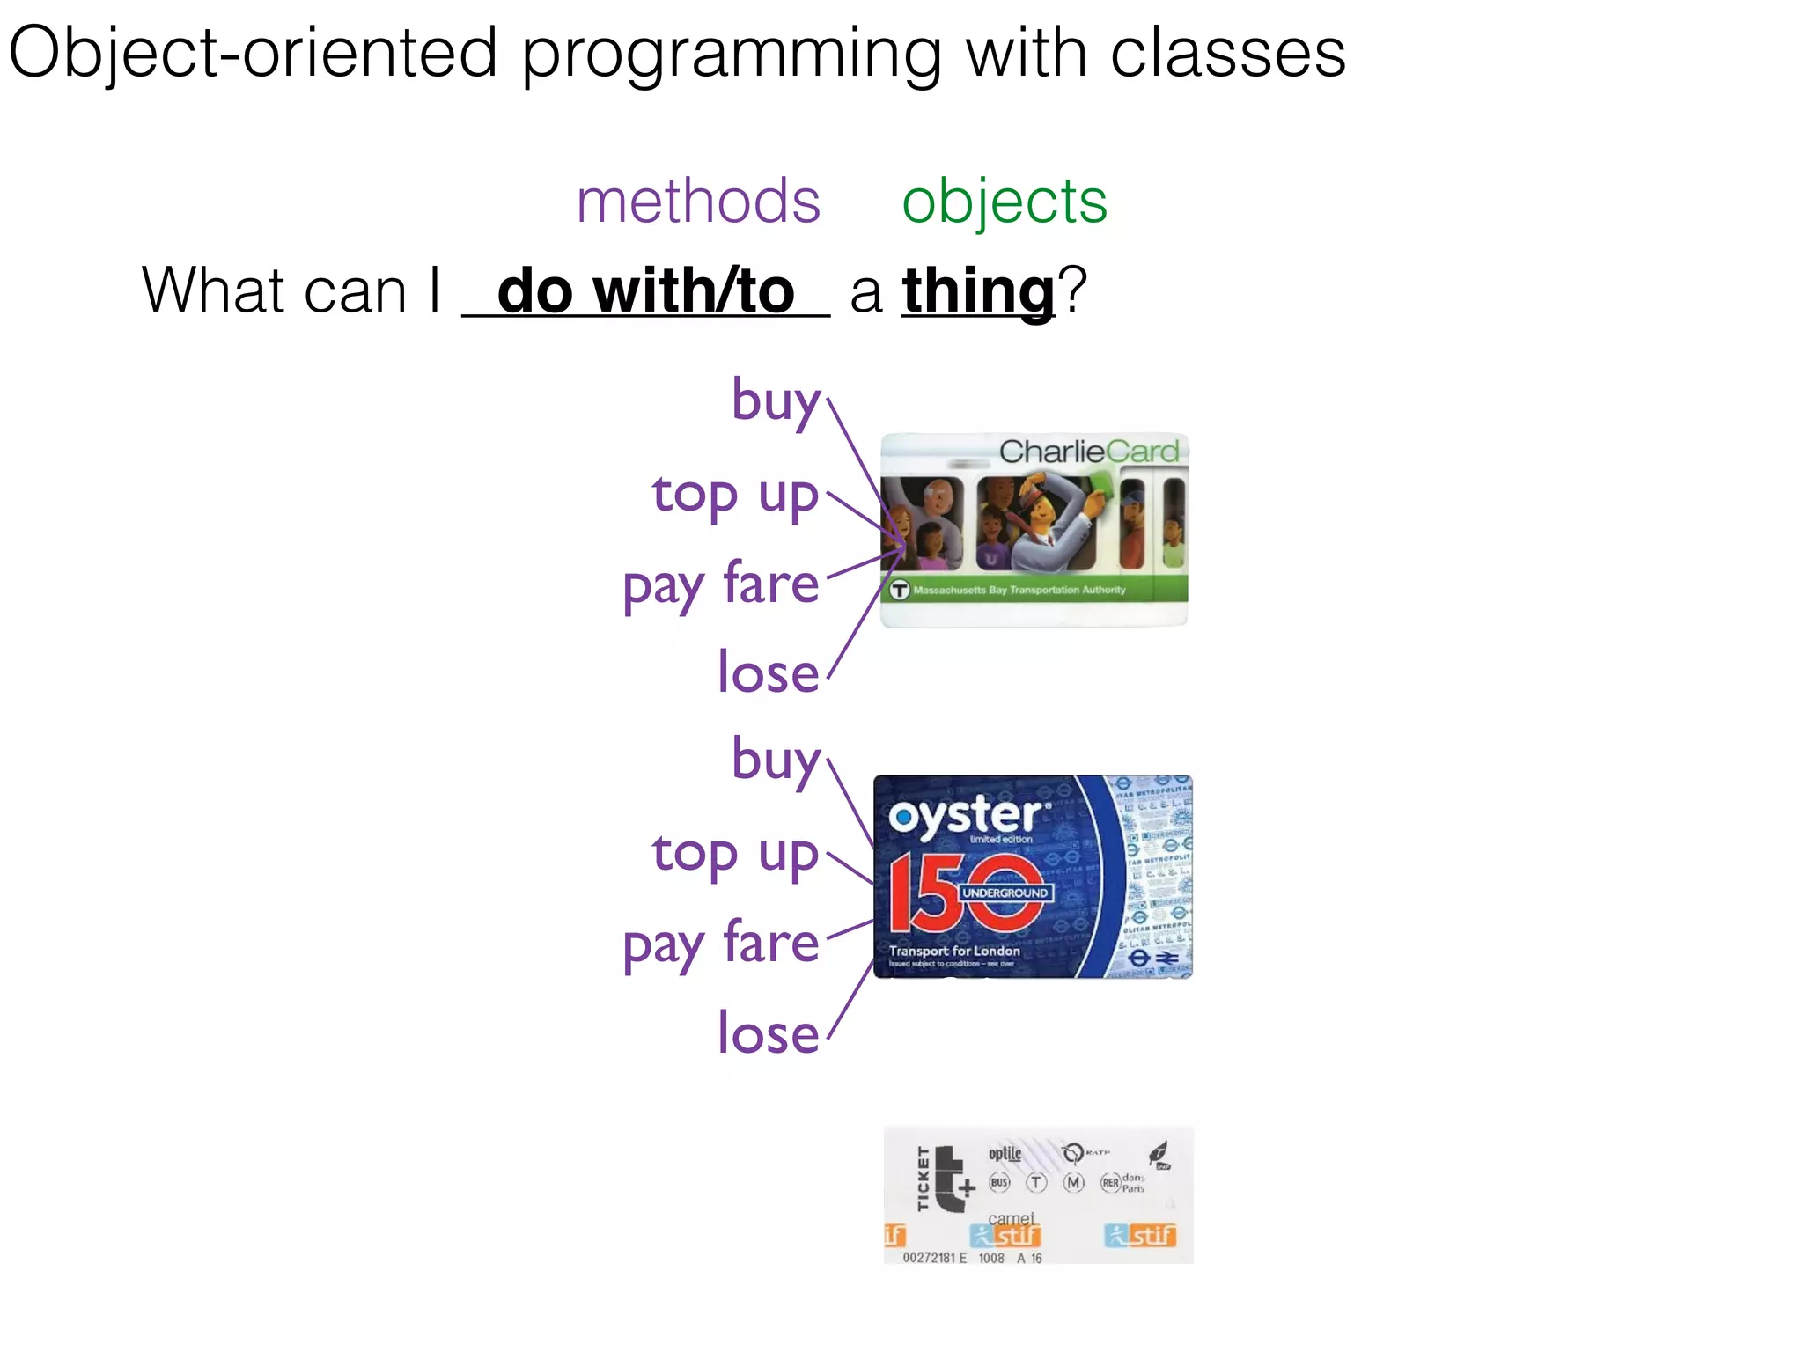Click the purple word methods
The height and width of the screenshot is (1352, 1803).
pyautogui.click(x=698, y=202)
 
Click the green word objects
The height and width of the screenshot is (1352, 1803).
pyautogui.click(x=1004, y=202)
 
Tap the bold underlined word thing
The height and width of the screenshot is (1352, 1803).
pyautogui.click(x=978, y=291)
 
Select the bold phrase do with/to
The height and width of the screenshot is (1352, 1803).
pyautogui.click(x=645, y=291)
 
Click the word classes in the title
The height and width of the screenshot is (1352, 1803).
pyautogui.click(x=1227, y=53)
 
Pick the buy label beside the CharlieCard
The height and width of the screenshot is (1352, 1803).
pyautogui.click(x=776, y=401)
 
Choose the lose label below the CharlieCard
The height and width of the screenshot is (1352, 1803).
pyautogui.click(x=768, y=673)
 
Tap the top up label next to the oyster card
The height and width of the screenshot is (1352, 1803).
pyautogui.click(x=735, y=854)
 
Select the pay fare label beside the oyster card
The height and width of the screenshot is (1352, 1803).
pyautogui.click(x=720, y=944)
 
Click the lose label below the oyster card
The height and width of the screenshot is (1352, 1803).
pyautogui.click(x=768, y=1033)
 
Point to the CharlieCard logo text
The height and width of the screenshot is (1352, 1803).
pyautogui.click(x=1088, y=452)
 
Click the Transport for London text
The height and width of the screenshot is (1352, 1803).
pyautogui.click(x=954, y=951)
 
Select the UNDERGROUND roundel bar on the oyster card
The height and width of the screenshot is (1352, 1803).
pyautogui.click(x=1005, y=893)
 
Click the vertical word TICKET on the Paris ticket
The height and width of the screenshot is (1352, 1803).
pyautogui.click(x=923, y=1179)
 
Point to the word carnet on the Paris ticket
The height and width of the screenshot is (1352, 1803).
pyautogui.click(x=1011, y=1218)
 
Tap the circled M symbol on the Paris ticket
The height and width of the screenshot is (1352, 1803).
pyautogui.click(x=1073, y=1182)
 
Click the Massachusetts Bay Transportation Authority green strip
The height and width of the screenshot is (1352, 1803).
pyautogui.click(x=1034, y=590)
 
